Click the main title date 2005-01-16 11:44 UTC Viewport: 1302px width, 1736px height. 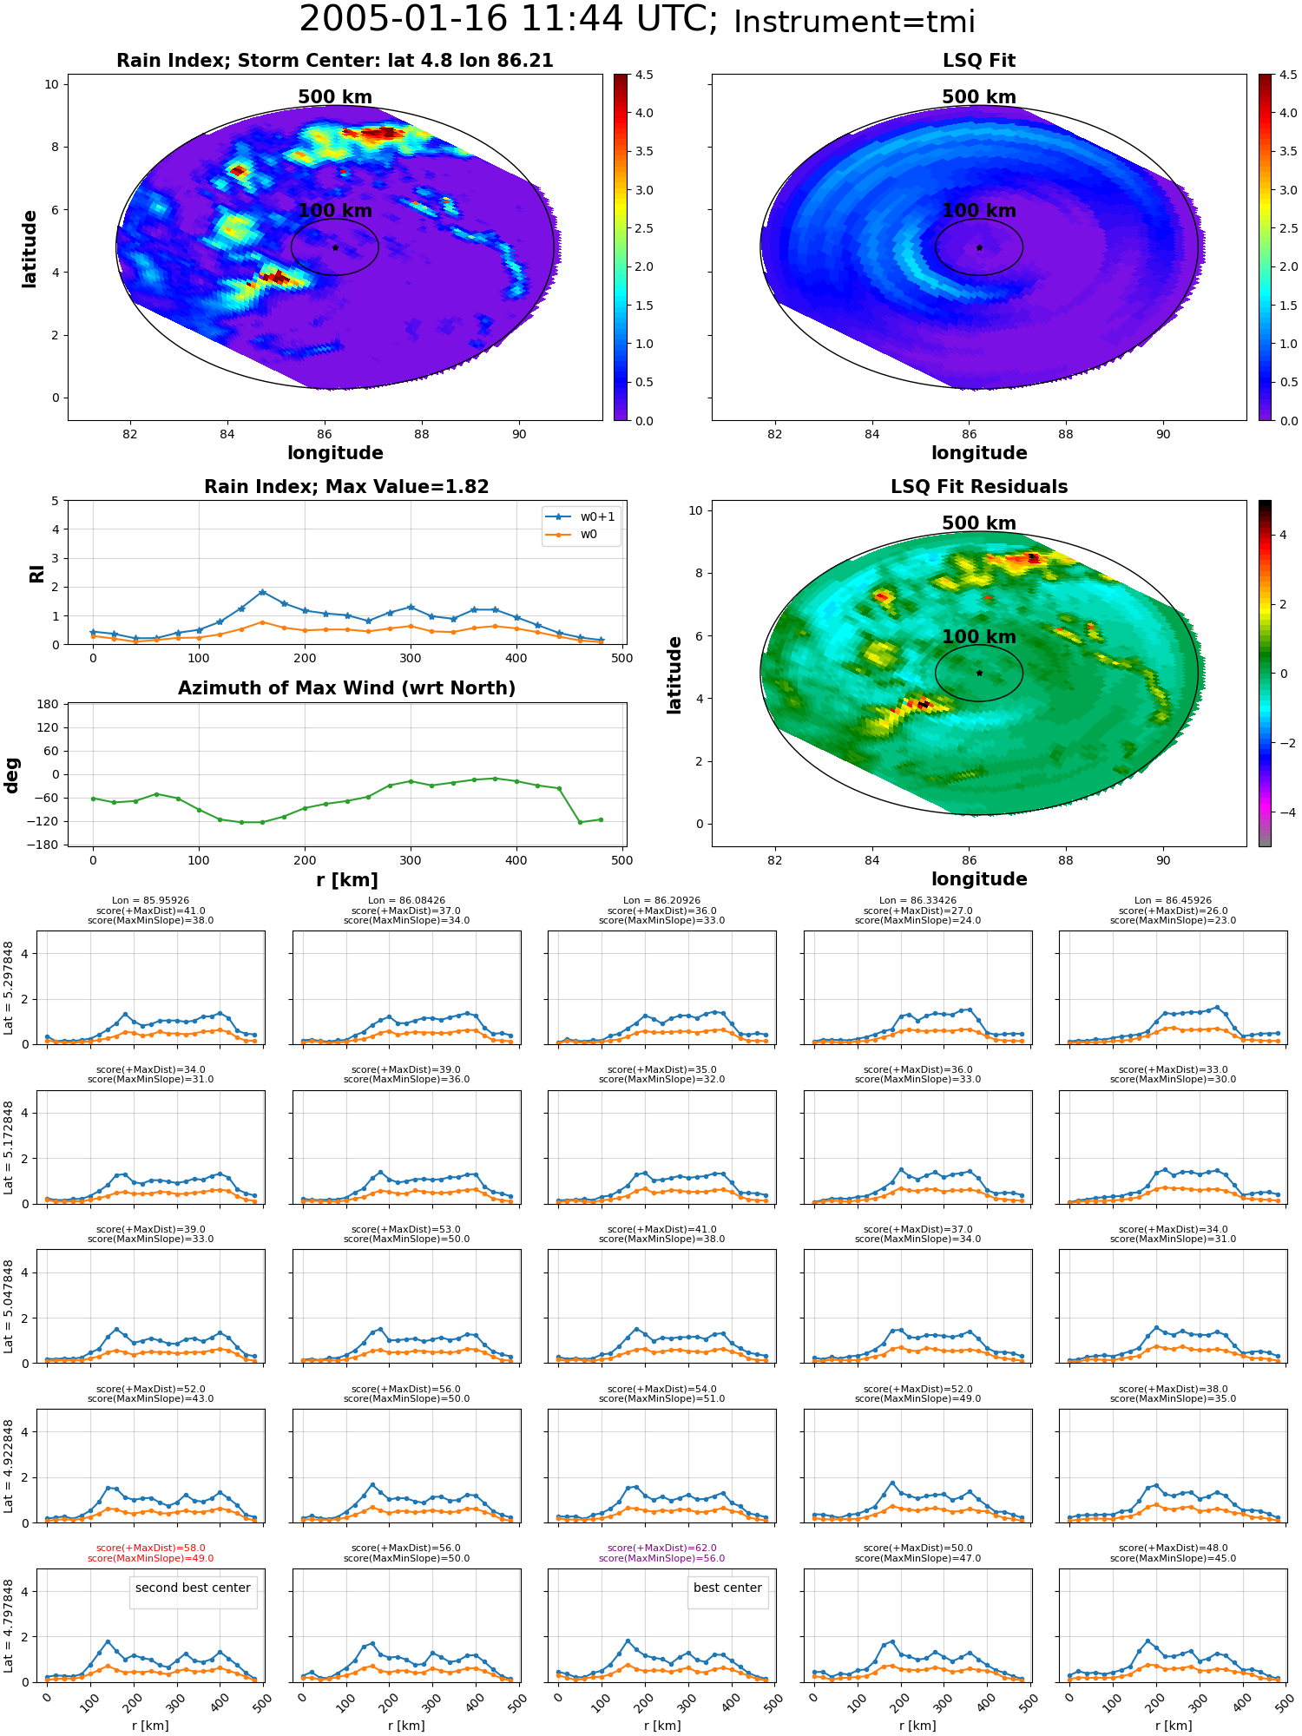[x=508, y=20]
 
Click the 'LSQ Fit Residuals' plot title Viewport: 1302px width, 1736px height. [x=979, y=487]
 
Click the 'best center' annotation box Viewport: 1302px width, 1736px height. [x=727, y=1588]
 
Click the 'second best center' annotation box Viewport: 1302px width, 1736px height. [x=193, y=1588]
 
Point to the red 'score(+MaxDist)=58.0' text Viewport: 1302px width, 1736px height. [x=151, y=1548]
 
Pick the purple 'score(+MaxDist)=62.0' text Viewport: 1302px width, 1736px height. [x=662, y=1548]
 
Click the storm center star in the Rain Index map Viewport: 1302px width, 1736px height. [x=335, y=247]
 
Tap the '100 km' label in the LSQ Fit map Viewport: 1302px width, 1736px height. [x=979, y=211]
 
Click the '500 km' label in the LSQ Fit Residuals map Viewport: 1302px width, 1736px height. [x=979, y=523]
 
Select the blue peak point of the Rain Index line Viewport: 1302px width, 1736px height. [x=262, y=592]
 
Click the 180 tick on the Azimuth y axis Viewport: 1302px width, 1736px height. [x=49, y=704]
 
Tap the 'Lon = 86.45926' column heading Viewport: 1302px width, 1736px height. [x=1173, y=900]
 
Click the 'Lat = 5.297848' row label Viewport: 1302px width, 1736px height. [x=9, y=988]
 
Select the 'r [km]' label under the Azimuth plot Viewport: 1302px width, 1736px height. [x=347, y=880]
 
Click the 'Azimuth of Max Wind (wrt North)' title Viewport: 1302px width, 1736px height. [x=347, y=688]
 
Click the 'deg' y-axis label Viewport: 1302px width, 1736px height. [x=12, y=775]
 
